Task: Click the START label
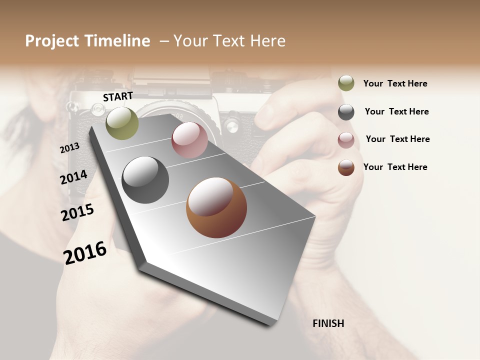tap(118, 96)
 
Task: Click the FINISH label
tap(328, 323)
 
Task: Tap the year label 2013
tap(69, 148)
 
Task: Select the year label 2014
tap(73, 177)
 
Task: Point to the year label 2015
tap(77, 212)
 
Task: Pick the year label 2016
tap(85, 252)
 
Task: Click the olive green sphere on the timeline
tap(122, 123)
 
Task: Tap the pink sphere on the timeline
tap(189, 140)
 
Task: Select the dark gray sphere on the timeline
tap(145, 180)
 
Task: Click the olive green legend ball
tap(346, 83)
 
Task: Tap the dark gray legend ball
tap(346, 112)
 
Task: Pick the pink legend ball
tap(346, 140)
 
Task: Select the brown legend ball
tap(346, 167)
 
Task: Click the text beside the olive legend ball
tap(395, 84)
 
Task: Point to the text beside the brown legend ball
tap(395, 167)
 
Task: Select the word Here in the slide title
tap(267, 41)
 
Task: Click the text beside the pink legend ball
tap(397, 139)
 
